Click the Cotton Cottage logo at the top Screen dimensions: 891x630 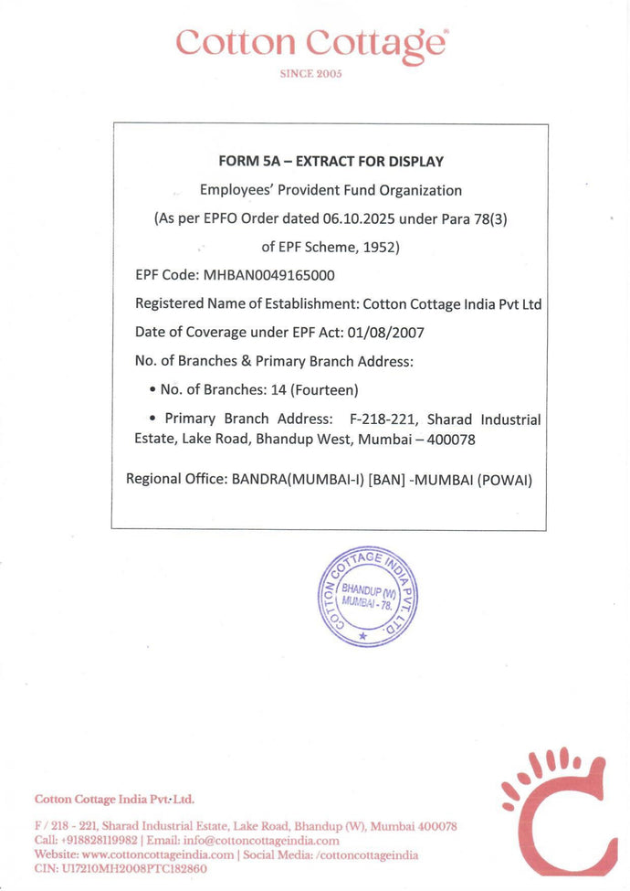point(311,43)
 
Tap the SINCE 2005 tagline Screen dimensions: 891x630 point(310,74)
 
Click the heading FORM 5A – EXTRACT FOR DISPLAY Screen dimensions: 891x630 point(331,162)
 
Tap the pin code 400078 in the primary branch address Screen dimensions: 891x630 point(452,440)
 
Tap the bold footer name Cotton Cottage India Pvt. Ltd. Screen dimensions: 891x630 point(114,800)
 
